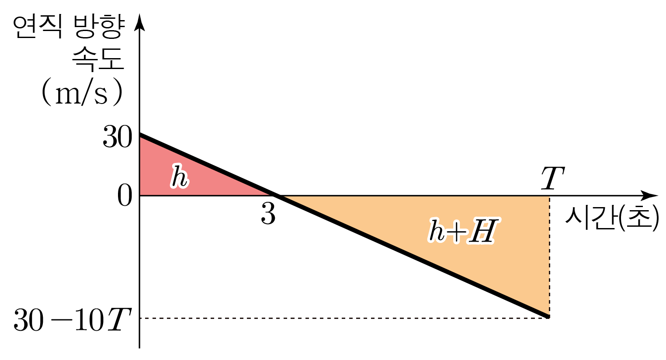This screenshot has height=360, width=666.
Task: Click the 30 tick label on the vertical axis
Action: click(x=118, y=137)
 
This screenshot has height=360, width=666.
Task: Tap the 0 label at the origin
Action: click(x=125, y=195)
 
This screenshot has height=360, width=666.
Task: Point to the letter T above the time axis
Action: click(x=553, y=178)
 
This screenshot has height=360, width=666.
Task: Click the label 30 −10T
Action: click(x=72, y=320)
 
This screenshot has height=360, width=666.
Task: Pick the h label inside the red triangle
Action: click(x=180, y=176)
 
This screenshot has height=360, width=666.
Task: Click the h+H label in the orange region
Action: click(x=464, y=231)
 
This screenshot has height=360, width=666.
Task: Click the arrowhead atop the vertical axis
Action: click(x=139, y=22)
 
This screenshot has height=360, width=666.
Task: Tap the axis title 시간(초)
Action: click(x=612, y=218)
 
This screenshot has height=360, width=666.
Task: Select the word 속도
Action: click(x=98, y=59)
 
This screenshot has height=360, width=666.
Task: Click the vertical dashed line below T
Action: click(x=549, y=257)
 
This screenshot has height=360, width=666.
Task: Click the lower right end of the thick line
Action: click(x=548, y=317)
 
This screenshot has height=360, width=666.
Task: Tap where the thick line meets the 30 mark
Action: click(x=140, y=135)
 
